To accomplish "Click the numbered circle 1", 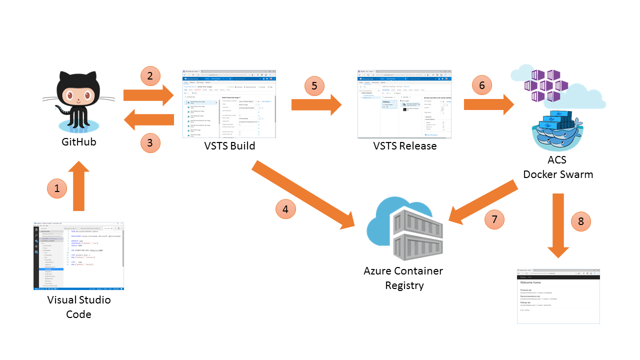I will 57,188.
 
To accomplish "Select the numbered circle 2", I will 150,76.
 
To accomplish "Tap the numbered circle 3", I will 150,143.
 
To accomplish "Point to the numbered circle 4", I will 285,209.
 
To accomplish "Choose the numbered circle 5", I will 314,86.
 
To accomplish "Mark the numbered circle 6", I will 482,85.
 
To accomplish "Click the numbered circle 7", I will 494,219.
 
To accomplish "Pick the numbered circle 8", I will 580,221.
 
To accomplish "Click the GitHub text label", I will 78,142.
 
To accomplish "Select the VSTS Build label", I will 229,146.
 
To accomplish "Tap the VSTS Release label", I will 404,146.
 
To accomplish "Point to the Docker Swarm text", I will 558,174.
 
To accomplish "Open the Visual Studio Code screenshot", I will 78,256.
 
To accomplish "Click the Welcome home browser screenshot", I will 558,296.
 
